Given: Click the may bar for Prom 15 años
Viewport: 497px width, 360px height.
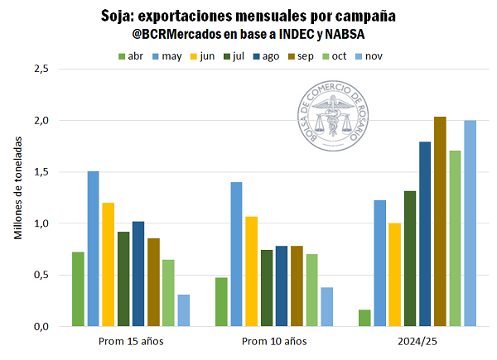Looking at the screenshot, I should (93, 248).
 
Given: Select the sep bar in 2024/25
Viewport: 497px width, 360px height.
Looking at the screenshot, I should (440, 221).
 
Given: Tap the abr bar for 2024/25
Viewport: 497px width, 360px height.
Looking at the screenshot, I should (365, 318).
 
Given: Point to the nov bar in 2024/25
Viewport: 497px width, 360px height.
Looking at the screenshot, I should (470, 223).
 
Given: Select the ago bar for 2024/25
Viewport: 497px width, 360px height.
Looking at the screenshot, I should (425, 234).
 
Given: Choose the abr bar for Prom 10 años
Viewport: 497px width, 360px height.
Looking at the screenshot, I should (221, 301).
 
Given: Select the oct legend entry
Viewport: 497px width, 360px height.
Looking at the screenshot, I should (333, 55).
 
